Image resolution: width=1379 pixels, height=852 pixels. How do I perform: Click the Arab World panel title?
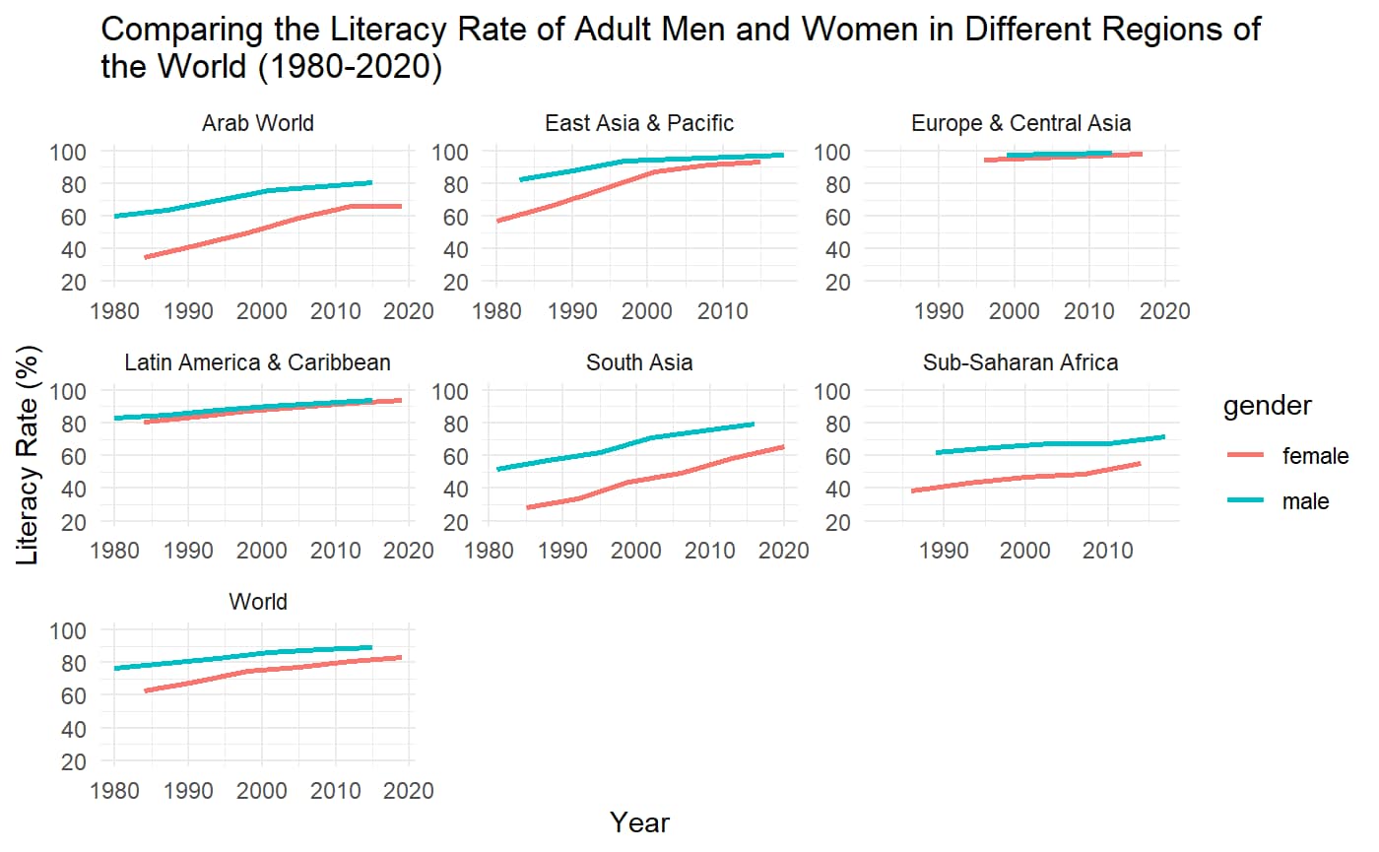click(x=258, y=123)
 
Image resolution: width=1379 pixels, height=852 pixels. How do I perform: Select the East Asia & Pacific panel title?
click(x=639, y=123)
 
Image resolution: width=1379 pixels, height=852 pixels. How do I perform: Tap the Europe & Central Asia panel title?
click(x=1020, y=123)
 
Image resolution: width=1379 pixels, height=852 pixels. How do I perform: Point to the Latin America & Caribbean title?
click(x=258, y=362)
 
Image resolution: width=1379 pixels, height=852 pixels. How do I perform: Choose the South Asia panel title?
click(x=639, y=362)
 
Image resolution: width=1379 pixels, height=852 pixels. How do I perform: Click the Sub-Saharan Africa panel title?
click(x=1020, y=362)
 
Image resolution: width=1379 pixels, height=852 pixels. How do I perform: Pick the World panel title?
click(x=258, y=602)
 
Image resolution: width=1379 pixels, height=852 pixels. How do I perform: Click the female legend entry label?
click(x=1314, y=455)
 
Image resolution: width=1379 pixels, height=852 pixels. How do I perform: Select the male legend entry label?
click(x=1305, y=501)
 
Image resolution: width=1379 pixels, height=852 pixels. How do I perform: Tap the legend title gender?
click(x=1267, y=407)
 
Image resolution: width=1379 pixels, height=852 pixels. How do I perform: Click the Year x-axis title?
click(x=639, y=822)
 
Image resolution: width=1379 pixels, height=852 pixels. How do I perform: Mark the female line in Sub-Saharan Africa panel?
click(x=1024, y=478)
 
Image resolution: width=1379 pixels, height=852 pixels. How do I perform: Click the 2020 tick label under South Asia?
click(x=784, y=551)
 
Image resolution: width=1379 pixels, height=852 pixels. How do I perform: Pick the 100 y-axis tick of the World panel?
click(x=75, y=630)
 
